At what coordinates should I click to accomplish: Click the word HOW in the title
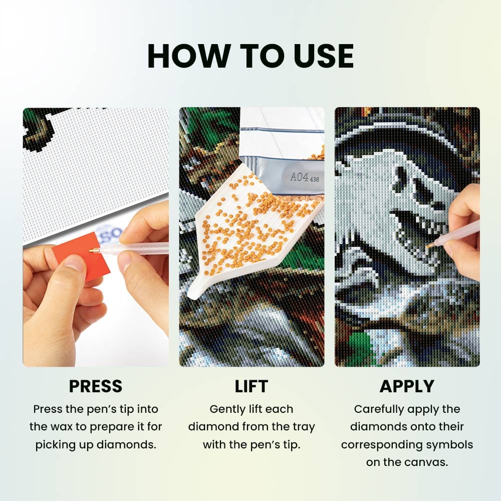click(x=188, y=56)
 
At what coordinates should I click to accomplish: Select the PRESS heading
click(x=96, y=386)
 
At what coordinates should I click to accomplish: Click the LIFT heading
click(x=251, y=386)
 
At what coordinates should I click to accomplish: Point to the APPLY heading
click(x=407, y=386)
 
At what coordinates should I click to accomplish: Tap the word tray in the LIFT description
click(x=303, y=427)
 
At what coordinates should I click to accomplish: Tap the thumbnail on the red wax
click(x=74, y=263)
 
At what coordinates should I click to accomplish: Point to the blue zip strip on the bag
click(x=282, y=130)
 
